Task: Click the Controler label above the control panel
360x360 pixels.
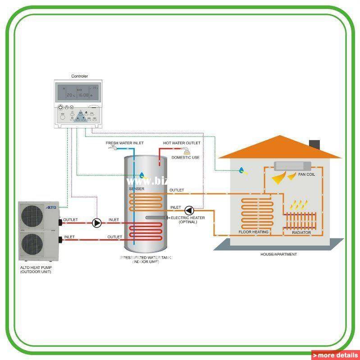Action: click(x=80, y=77)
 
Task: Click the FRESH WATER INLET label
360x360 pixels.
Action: click(x=125, y=143)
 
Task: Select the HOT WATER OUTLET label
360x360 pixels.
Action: click(x=182, y=143)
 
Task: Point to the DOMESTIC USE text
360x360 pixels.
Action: click(x=185, y=158)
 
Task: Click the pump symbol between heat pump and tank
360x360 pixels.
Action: click(x=96, y=223)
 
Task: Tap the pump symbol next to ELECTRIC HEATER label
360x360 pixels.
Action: click(x=190, y=210)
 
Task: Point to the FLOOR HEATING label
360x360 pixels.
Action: click(x=254, y=232)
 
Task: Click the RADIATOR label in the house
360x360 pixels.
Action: click(x=301, y=232)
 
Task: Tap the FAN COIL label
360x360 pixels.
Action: click(x=307, y=174)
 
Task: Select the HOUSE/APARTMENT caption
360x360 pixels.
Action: click(x=278, y=255)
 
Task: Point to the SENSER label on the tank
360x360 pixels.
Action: click(x=137, y=189)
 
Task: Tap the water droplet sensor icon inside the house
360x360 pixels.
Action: click(x=243, y=170)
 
